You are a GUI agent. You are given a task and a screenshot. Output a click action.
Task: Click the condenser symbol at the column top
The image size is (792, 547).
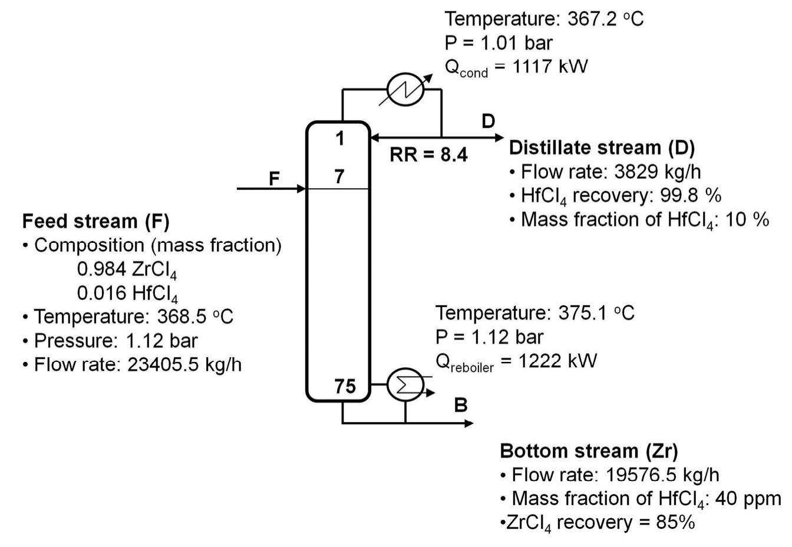[x=405, y=90]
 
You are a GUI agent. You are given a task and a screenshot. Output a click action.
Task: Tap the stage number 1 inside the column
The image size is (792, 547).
[x=339, y=139]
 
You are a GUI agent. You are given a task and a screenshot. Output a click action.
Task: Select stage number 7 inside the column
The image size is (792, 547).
[x=339, y=176]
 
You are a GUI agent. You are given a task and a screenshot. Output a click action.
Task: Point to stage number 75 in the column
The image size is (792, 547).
[x=345, y=386]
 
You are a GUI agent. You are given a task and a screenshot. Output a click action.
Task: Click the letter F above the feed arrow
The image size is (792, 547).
[x=274, y=178]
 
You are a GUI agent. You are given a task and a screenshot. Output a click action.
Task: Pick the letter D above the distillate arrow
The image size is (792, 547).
[x=488, y=121]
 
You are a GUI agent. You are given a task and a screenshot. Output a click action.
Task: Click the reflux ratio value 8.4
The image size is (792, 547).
[x=454, y=155]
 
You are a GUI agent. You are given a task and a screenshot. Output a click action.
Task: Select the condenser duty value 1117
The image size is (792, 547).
[x=533, y=66]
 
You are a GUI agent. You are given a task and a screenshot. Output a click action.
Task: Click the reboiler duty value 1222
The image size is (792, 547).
[x=541, y=360]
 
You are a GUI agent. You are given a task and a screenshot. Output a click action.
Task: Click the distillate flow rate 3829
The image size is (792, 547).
[x=636, y=172]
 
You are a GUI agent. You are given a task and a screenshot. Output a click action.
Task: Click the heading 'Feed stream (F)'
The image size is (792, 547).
[x=95, y=221]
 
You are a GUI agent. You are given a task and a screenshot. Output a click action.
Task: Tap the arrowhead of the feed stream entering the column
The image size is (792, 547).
[x=302, y=189]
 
